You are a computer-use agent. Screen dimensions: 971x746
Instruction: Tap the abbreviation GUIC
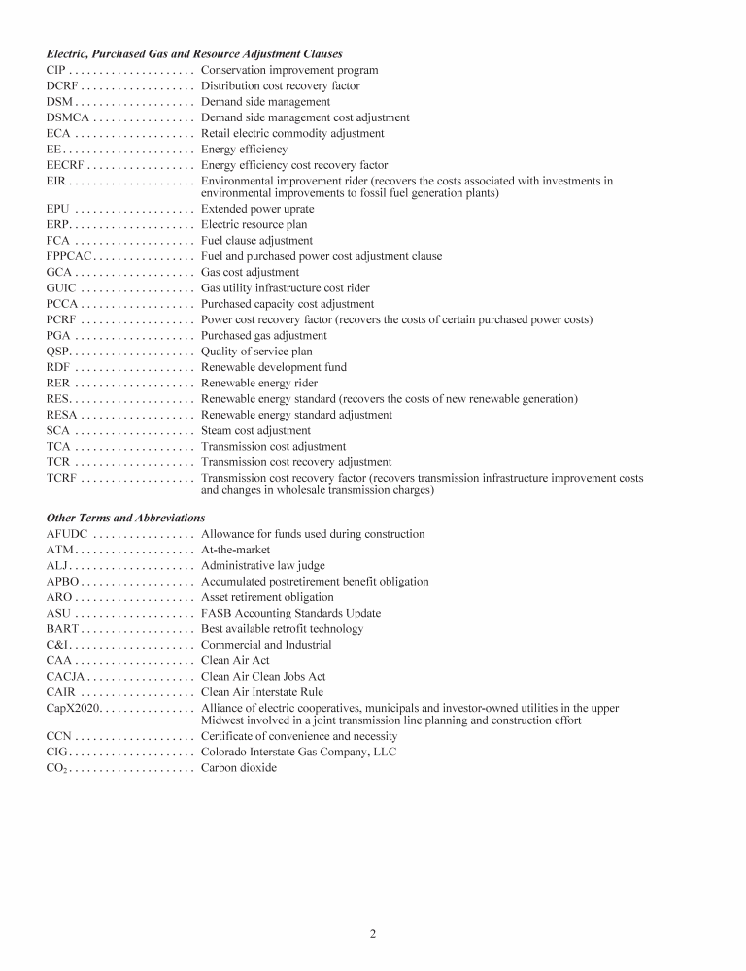pos(61,288)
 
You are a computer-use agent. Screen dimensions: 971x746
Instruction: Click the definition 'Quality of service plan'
pos(256,352)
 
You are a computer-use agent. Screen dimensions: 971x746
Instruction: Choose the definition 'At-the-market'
pos(235,550)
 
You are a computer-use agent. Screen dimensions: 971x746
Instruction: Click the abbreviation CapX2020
pos(73,708)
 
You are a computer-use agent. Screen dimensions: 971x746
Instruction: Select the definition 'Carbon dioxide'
pos(238,768)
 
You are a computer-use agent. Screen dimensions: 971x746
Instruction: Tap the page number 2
pos(372,934)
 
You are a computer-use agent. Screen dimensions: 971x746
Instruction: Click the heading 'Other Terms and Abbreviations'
pos(125,518)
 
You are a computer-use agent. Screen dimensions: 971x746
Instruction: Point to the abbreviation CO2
pos(56,768)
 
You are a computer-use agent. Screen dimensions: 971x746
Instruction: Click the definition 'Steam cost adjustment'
pos(255,430)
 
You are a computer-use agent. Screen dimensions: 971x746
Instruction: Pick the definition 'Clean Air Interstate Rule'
pos(262,692)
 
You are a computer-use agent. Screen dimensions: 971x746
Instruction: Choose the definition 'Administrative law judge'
pos(262,565)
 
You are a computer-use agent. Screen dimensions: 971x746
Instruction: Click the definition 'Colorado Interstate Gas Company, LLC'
pos(298,752)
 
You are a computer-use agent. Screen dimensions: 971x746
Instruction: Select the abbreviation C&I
pos(56,645)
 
